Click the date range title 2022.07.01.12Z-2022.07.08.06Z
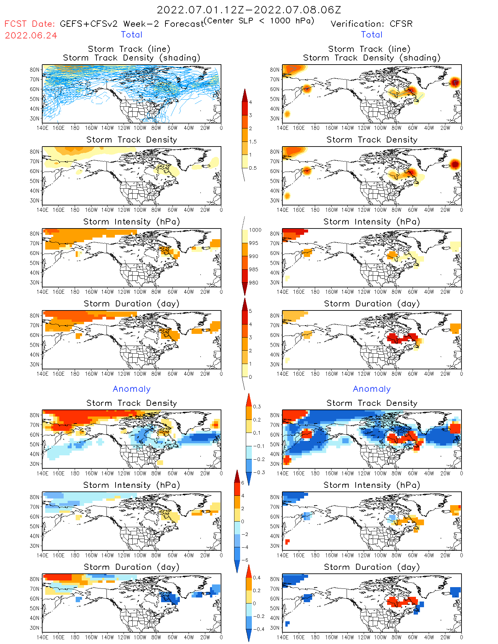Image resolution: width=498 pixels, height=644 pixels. [x=249, y=10]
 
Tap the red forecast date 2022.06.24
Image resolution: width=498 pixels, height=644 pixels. [x=31, y=35]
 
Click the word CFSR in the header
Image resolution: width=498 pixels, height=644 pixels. [x=401, y=24]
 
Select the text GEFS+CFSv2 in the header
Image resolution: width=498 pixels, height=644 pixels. [x=88, y=24]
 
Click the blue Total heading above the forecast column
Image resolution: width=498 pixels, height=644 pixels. [x=132, y=34]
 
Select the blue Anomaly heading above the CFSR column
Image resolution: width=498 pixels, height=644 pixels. [x=372, y=389]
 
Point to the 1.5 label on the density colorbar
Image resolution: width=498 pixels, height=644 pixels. [x=253, y=142]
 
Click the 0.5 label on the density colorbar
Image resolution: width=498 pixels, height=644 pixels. [x=253, y=168]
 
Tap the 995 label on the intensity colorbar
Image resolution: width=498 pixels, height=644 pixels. [x=254, y=243]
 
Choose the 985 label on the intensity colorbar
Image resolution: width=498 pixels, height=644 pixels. [x=254, y=270]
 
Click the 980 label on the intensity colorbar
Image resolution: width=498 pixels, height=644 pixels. [x=254, y=283]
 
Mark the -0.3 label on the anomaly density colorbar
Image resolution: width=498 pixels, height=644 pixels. [x=259, y=472]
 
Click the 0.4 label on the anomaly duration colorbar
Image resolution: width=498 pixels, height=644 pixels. [x=257, y=577]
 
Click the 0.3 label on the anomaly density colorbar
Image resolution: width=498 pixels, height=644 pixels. [x=257, y=406]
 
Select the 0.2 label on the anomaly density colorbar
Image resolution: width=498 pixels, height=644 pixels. [x=257, y=420]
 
